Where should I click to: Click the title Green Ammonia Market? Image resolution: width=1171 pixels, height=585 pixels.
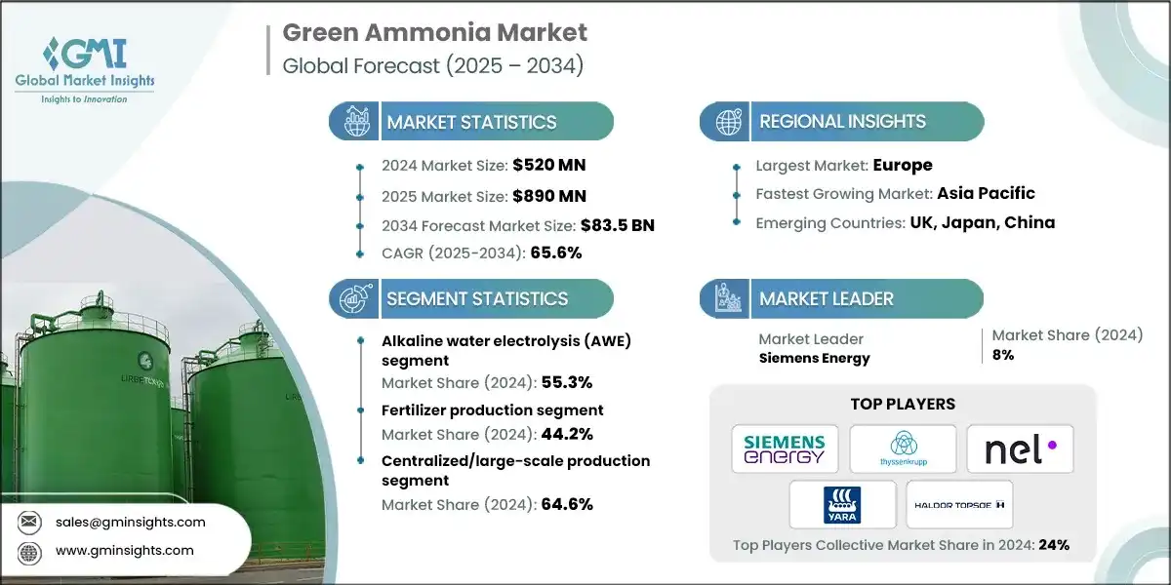434,32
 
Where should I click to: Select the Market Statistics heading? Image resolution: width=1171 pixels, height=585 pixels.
471,122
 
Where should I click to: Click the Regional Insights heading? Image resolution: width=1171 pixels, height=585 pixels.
842,122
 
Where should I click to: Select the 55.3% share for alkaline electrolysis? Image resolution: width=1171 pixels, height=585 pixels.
567,382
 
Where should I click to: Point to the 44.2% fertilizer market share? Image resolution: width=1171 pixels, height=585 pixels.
567,434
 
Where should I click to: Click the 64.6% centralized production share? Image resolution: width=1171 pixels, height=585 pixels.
567,504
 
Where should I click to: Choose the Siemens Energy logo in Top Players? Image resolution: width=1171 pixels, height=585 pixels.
785,448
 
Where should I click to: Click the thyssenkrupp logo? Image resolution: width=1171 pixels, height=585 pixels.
903,448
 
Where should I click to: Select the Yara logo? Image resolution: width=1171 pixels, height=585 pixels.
843,504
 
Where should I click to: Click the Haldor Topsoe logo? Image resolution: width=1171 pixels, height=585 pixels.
959,504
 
